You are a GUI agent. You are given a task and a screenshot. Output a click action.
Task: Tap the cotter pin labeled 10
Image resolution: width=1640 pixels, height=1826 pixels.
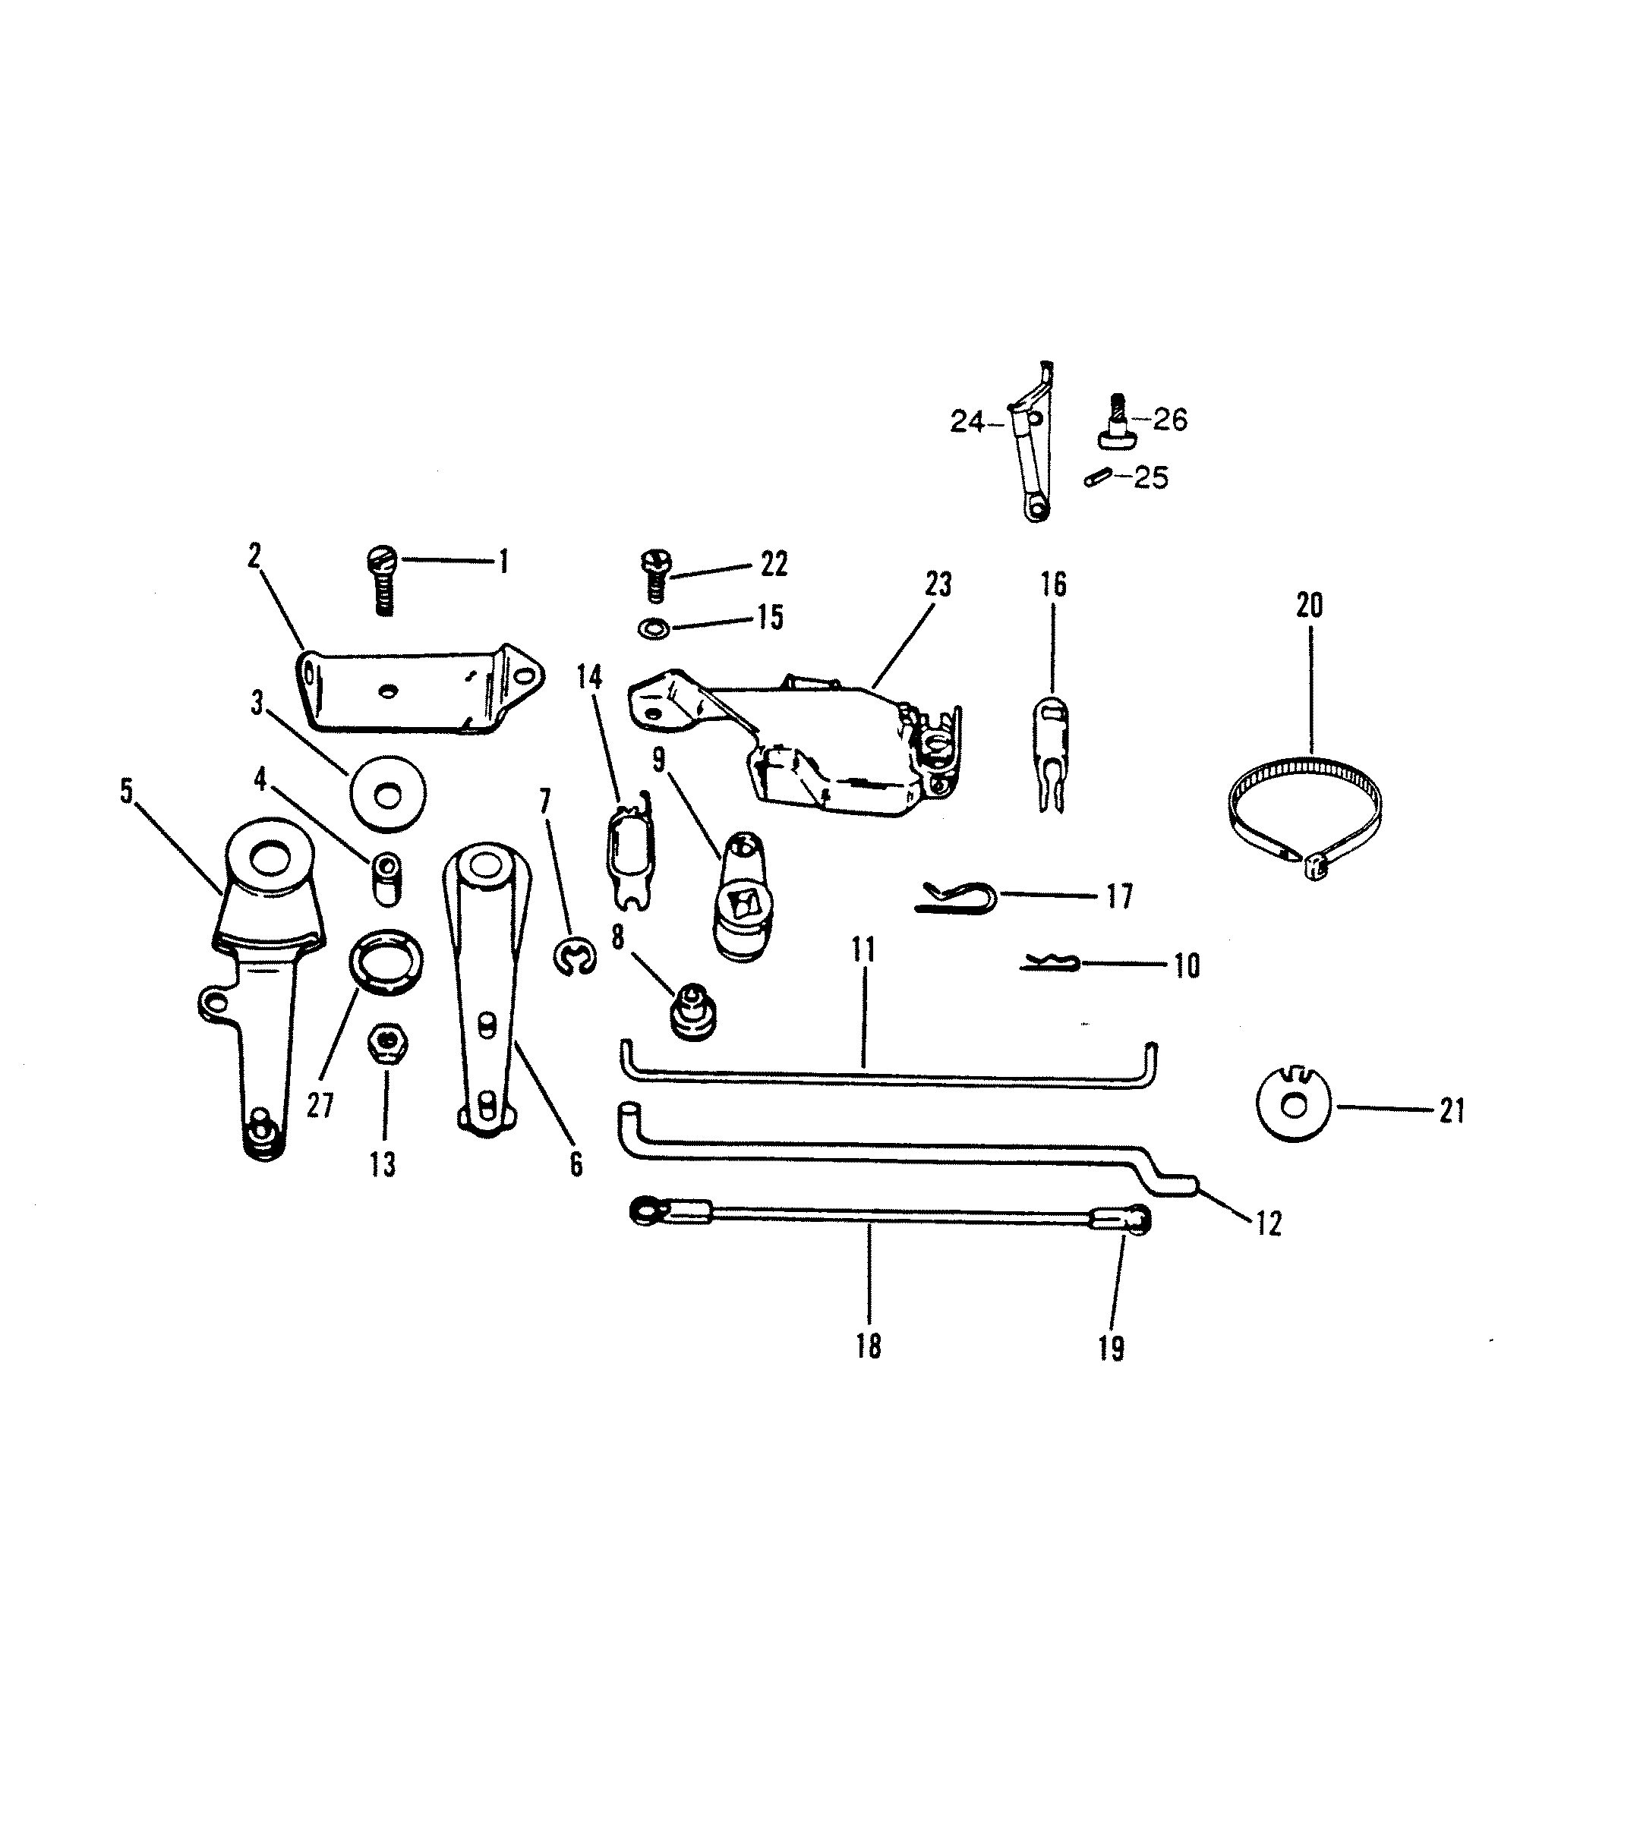[1048, 963]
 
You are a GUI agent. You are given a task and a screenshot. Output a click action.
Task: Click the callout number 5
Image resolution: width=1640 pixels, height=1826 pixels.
[126, 792]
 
